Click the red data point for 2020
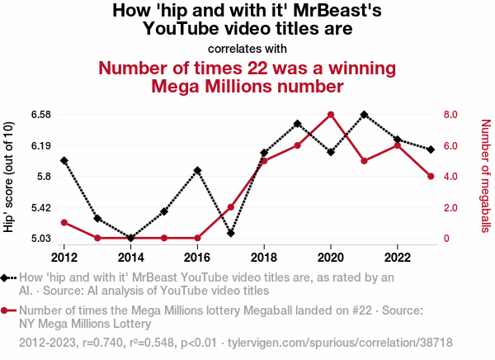click(x=331, y=115)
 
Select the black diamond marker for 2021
click(x=364, y=114)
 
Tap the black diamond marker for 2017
click(x=231, y=234)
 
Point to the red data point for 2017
click(x=231, y=207)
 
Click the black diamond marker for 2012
click(x=64, y=160)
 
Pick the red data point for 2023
click(x=431, y=176)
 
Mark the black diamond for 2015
click(x=164, y=211)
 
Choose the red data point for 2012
click(x=64, y=223)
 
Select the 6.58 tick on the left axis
click(x=40, y=115)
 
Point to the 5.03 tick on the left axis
click(x=40, y=239)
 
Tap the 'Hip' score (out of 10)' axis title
click(x=9, y=176)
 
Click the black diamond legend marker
click(x=7, y=277)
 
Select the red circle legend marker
click(x=7, y=310)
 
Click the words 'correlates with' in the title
click(x=247, y=48)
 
